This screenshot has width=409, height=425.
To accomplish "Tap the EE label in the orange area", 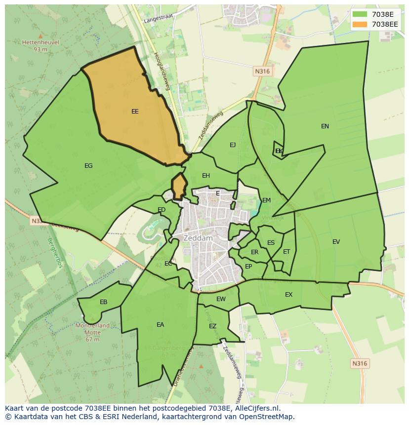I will [135, 112].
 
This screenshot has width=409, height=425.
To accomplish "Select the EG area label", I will [88, 166].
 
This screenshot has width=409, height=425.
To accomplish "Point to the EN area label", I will [325, 126].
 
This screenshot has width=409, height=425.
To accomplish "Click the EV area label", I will [336, 242].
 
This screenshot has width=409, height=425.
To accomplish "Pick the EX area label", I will [289, 295].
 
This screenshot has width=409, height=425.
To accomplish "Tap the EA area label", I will [160, 325].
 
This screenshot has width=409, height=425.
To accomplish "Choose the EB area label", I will [104, 302].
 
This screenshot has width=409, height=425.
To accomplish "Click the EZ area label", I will [213, 326].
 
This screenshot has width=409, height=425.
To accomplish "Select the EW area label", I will [221, 299].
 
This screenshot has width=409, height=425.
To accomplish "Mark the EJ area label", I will [233, 145].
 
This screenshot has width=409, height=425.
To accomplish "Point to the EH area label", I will [206, 176].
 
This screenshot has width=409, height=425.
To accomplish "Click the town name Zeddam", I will [198, 238].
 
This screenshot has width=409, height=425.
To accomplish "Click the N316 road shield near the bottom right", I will [360, 363].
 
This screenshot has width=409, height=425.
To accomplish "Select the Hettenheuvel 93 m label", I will [41, 45].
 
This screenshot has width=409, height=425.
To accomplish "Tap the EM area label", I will [267, 200].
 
